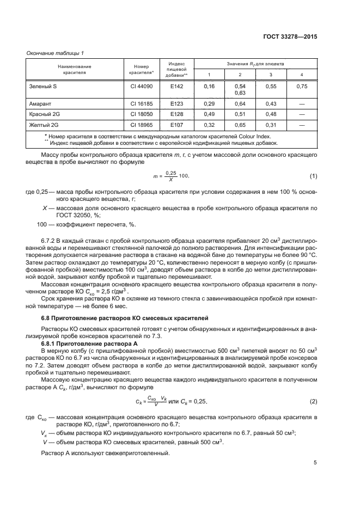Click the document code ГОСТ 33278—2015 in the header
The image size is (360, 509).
pos(291,36)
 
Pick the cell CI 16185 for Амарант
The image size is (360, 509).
pos(142,103)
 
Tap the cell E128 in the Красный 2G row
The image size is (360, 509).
pos(176,114)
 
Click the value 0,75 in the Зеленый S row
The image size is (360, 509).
pos(301,86)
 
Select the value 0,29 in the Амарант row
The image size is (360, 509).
pos(209,103)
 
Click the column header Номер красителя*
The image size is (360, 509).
pos(142,69)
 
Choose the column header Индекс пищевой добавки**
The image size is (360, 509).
pos(176,69)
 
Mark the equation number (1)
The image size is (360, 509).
pos(313,175)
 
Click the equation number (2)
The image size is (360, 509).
pos(313,401)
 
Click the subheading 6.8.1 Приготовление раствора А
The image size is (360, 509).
pos(89,344)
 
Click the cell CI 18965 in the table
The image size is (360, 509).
pos(142,125)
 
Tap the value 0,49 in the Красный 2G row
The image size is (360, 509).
pos(209,114)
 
